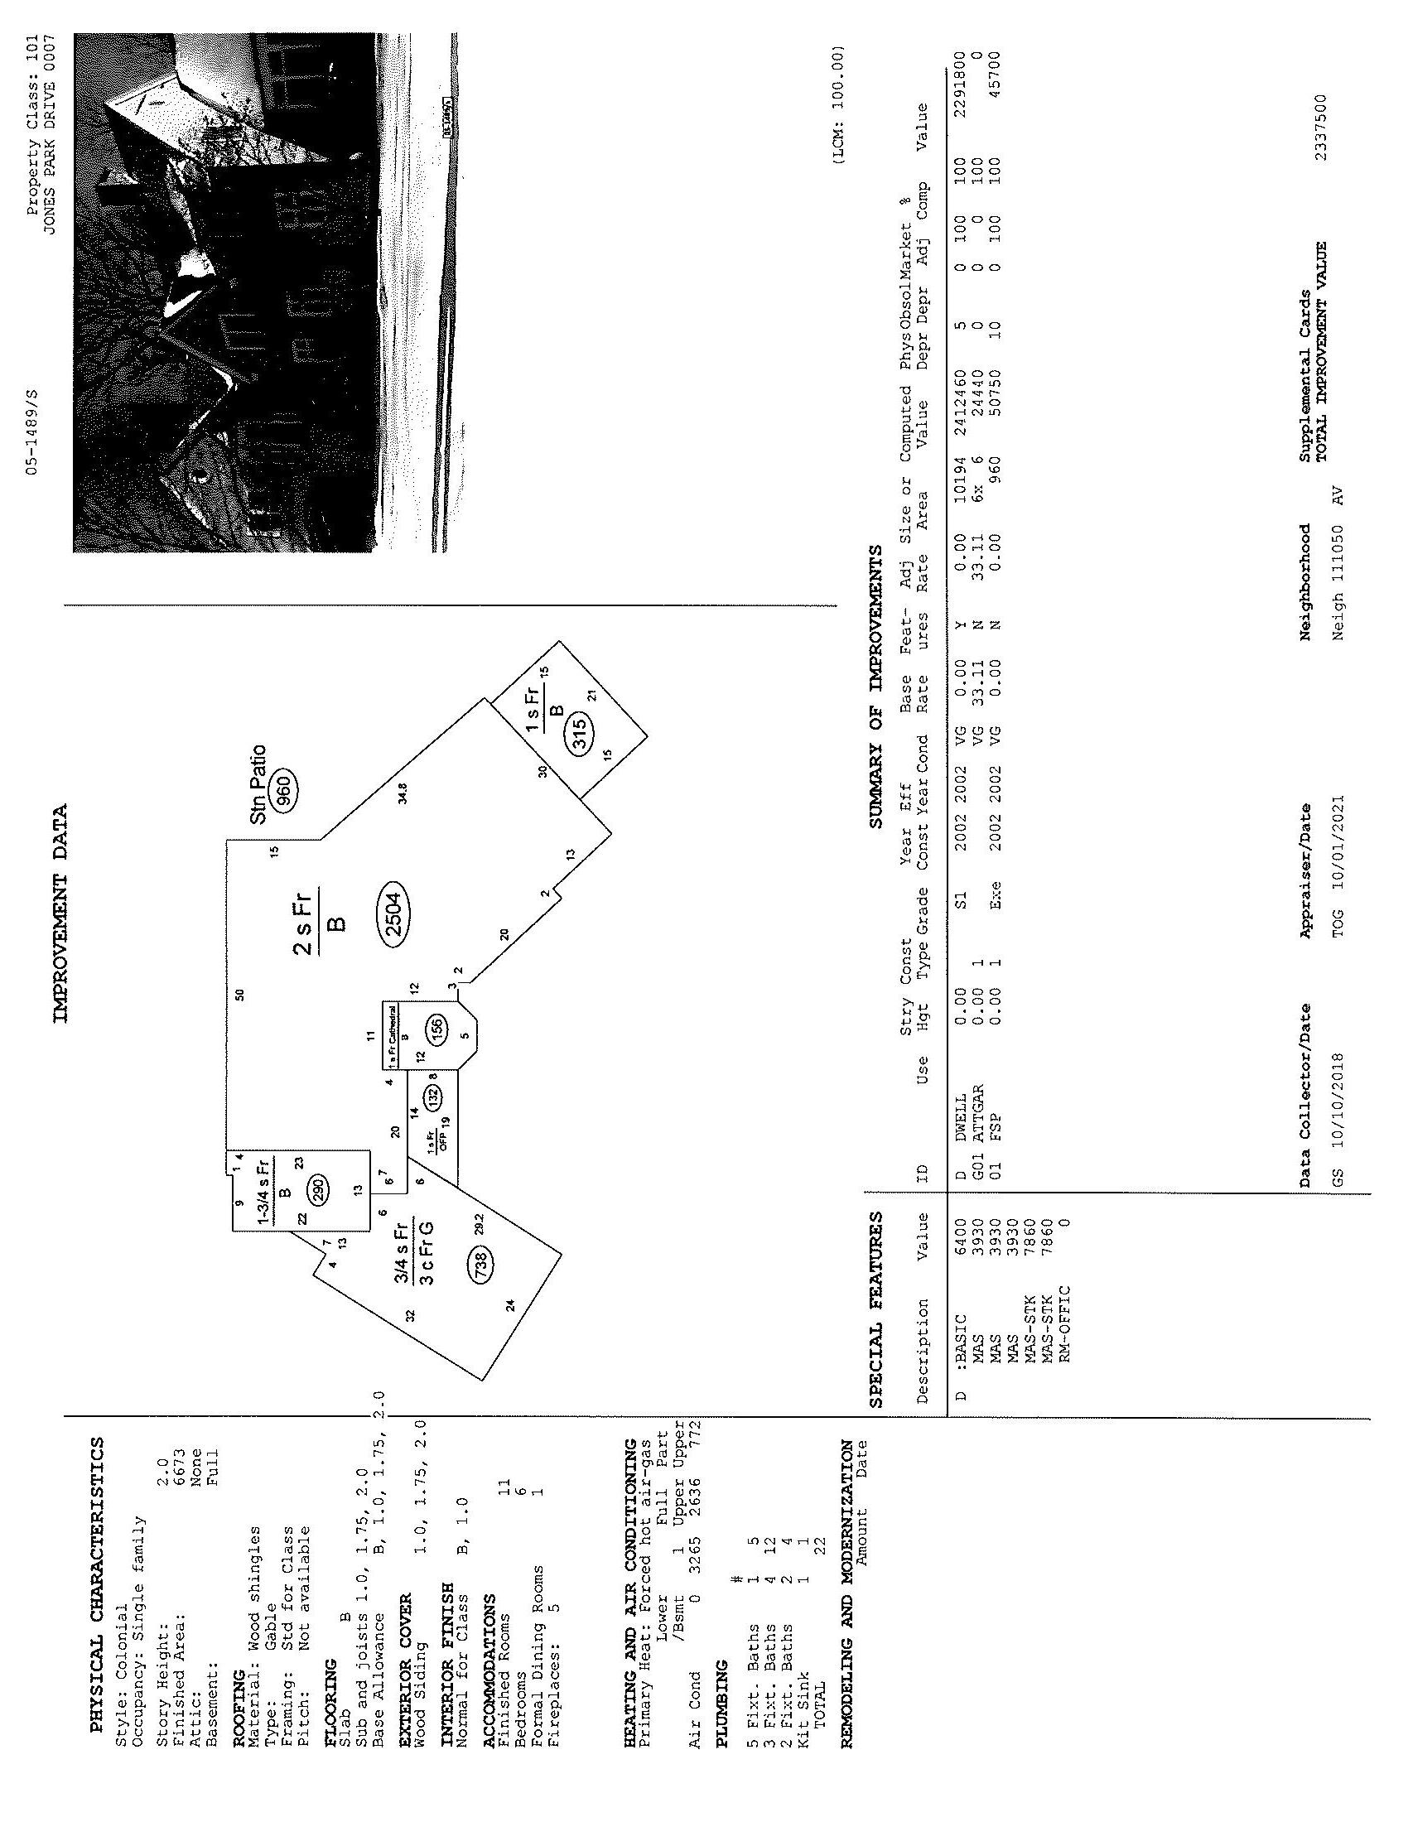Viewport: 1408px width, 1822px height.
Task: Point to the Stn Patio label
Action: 258,785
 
